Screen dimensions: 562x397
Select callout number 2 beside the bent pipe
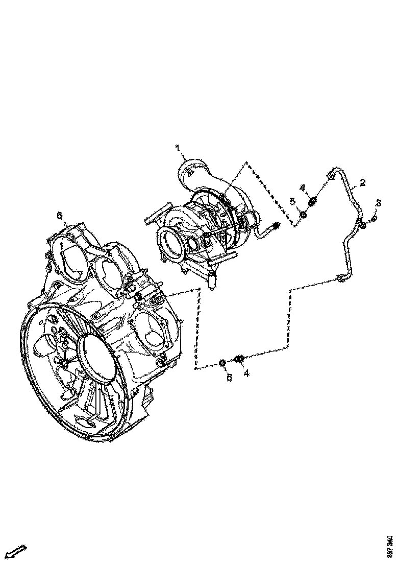click(x=363, y=182)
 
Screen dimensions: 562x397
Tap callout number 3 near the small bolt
click(x=378, y=203)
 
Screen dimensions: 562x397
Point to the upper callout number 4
click(x=303, y=188)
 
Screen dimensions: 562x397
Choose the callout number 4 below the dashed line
click(x=246, y=373)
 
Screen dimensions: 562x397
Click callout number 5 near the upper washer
click(x=293, y=202)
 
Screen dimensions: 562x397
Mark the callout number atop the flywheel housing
click(x=59, y=216)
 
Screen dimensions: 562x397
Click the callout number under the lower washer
click(x=229, y=377)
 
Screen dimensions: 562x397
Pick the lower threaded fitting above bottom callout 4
click(x=238, y=360)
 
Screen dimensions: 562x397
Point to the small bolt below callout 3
click(x=374, y=219)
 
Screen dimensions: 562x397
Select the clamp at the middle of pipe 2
click(x=362, y=224)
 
